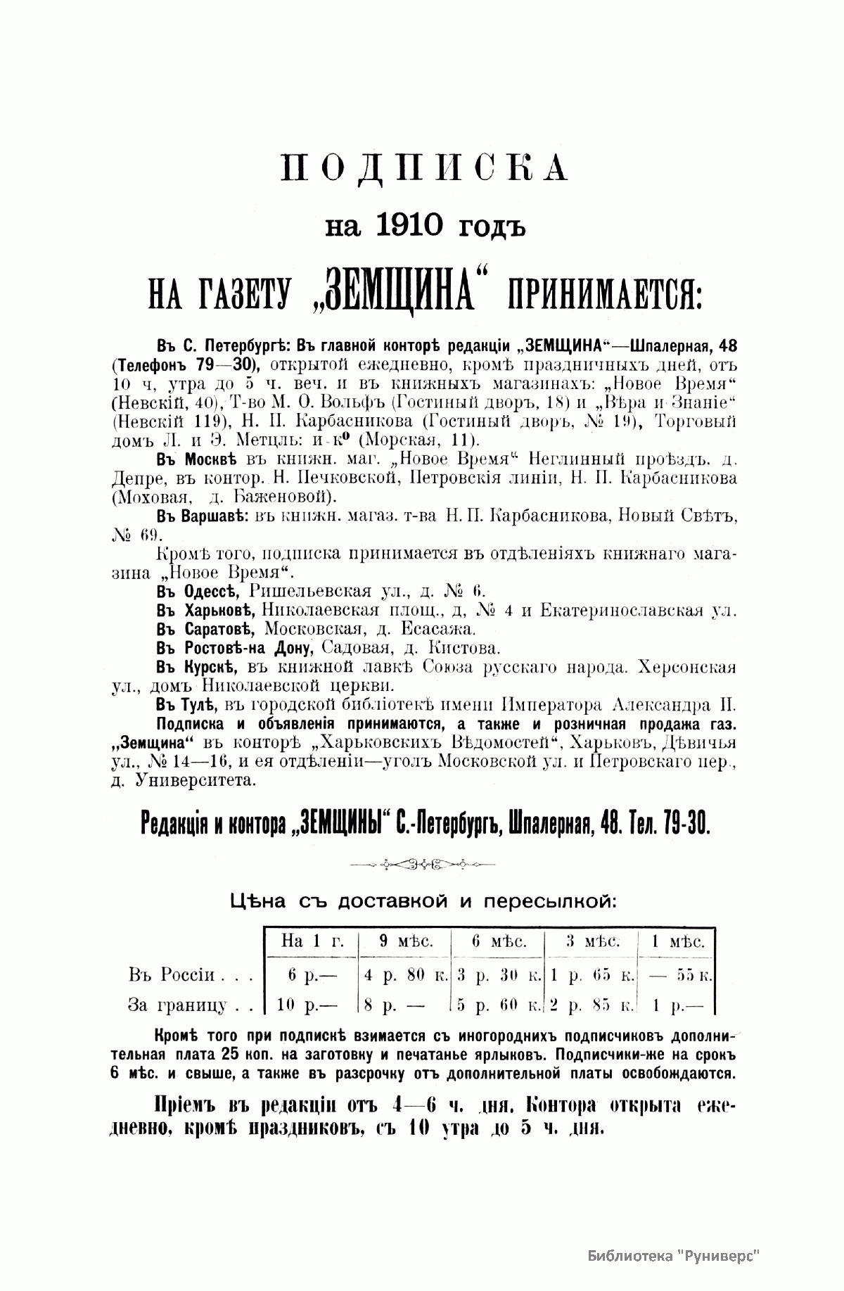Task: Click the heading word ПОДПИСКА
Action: pyautogui.click(x=424, y=168)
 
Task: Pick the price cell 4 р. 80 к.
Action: pyautogui.click(x=406, y=976)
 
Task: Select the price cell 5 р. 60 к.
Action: pyautogui.click(x=498, y=1006)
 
